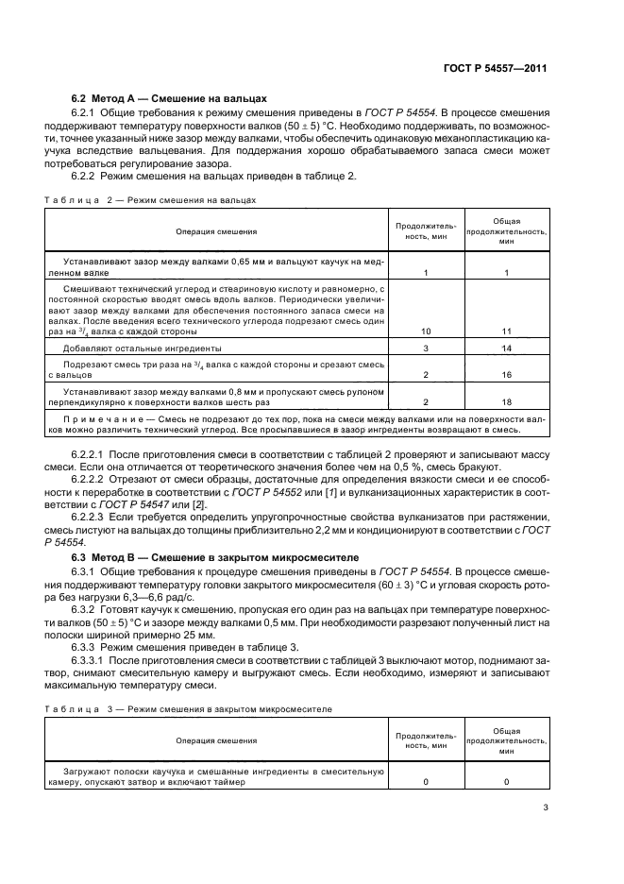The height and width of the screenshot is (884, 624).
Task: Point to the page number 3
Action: [546, 807]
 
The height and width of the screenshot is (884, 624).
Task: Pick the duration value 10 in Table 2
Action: [426, 331]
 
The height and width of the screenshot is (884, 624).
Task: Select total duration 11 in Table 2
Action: [506, 331]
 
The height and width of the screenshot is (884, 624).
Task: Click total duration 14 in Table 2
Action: [506, 348]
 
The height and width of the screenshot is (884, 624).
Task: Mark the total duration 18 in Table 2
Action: [506, 401]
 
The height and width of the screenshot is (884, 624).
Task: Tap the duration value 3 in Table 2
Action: [426, 348]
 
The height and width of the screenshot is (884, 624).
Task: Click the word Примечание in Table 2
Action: [97, 416]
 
